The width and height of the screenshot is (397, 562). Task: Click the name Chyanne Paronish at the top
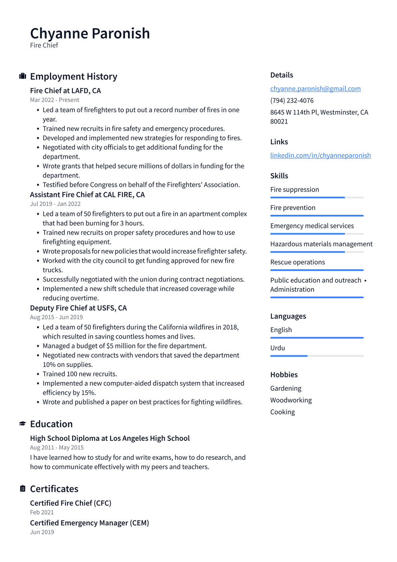(90, 33)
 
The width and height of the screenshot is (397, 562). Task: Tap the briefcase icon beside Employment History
(23, 76)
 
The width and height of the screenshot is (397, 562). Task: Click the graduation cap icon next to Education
(23, 424)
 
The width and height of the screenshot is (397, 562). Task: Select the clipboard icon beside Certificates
(23, 489)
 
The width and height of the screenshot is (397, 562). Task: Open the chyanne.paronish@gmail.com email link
(315, 89)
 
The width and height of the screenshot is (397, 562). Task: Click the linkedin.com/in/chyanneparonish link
(320, 155)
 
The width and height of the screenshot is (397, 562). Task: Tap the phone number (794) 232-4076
(292, 100)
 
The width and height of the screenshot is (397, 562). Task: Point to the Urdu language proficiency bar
(317, 356)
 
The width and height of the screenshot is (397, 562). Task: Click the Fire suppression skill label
(295, 190)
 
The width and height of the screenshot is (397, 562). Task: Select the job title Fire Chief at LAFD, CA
(66, 90)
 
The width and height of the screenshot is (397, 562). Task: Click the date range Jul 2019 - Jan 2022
(55, 204)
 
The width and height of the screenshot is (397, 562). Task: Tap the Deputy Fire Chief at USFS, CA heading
(78, 308)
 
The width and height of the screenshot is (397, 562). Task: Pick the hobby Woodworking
(291, 400)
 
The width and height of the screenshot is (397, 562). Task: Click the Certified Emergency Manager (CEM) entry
(90, 523)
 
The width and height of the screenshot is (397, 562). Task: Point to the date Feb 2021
(42, 512)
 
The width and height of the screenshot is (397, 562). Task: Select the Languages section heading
(288, 316)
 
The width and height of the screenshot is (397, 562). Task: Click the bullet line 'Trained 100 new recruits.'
(80, 374)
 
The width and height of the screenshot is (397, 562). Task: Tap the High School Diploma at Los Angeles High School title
(110, 438)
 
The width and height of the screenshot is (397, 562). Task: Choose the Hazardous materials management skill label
(321, 244)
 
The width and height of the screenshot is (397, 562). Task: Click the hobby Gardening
(286, 388)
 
